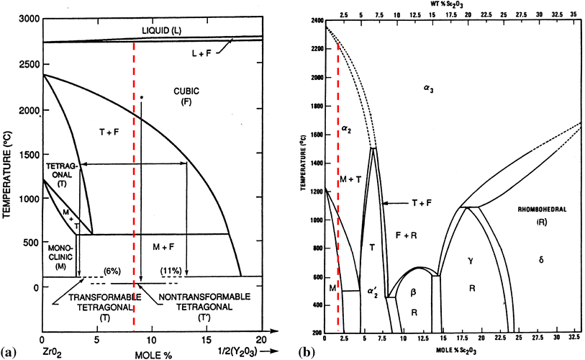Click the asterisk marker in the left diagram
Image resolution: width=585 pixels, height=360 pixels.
pyautogui.click(x=142, y=97)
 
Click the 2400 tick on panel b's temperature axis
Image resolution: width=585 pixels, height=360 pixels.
pyautogui.click(x=317, y=21)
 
